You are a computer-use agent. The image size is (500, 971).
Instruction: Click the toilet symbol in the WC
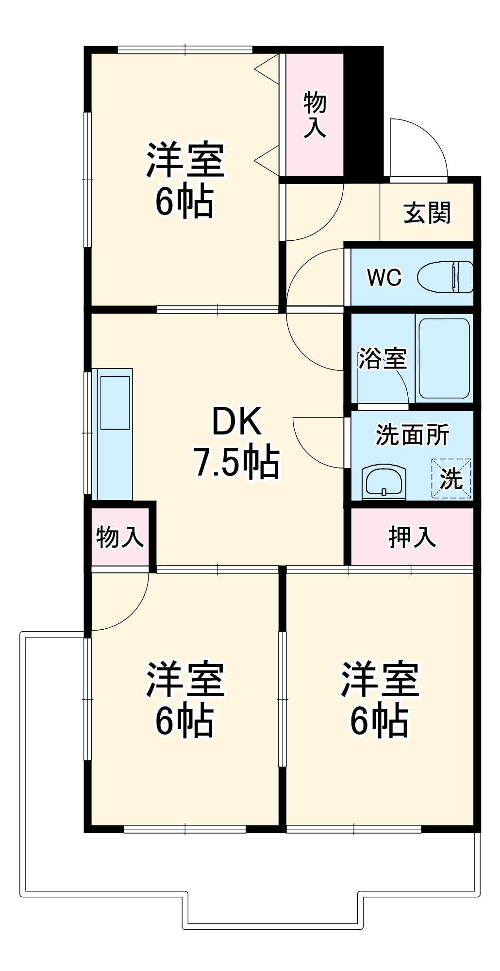tap(446, 277)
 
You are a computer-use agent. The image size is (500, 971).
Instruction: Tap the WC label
tap(384, 277)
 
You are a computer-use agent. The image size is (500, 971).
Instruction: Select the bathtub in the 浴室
tap(444, 358)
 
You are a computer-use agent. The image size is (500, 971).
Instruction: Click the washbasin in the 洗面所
tap(384, 482)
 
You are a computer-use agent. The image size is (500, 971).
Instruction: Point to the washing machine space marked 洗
tap(451, 479)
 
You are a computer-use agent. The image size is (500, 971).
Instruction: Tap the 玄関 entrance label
tap(427, 213)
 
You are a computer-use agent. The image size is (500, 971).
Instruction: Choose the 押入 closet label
tap(412, 536)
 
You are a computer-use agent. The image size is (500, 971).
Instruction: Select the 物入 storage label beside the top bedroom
tap(315, 115)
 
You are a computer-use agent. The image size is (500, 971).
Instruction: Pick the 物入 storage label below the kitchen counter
tap(119, 537)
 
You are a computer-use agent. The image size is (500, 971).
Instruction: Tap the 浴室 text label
tap(382, 358)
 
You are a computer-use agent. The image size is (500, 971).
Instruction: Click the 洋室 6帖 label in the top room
tap(185, 180)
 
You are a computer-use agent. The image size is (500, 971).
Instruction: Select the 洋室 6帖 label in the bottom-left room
tap(185, 699)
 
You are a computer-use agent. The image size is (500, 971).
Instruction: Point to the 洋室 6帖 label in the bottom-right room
tap(379, 699)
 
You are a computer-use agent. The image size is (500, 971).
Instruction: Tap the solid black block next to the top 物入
tap(364, 112)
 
